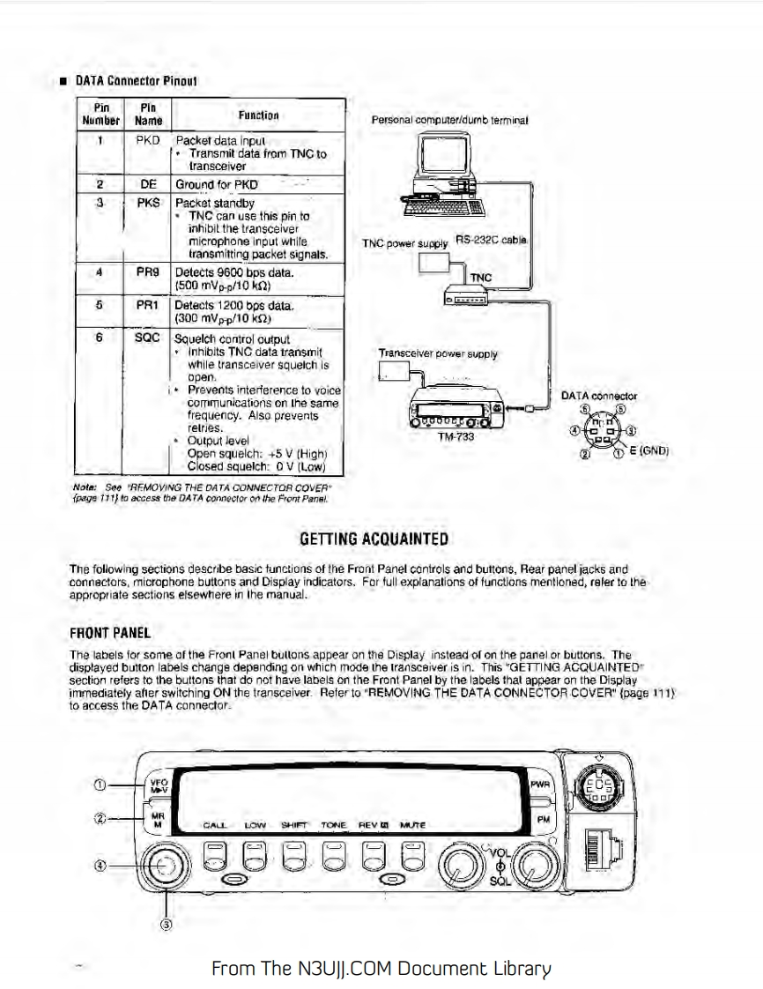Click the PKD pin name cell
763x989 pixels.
pos(147,140)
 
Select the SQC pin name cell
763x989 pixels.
pos(147,338)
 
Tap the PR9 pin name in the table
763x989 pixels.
pos(147,273)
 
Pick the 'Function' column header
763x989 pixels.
pos(258,115)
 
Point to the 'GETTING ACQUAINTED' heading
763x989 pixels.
pos(375,539)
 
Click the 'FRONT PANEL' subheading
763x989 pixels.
pos(109,633)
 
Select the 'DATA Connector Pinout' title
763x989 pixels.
pos(136,81)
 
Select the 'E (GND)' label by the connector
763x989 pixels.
pos(653,450)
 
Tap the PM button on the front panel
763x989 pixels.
pos(543,819)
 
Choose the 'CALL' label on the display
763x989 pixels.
pos(214,826)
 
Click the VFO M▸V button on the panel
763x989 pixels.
pos(159,784)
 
